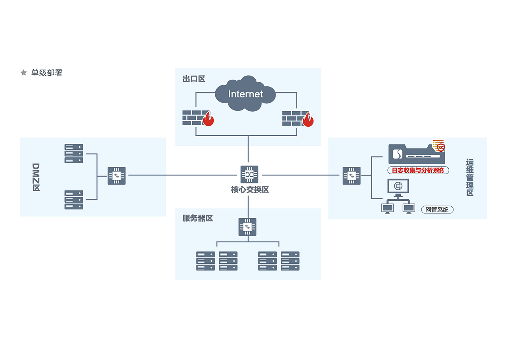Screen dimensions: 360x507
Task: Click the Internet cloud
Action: (x=245, y=94)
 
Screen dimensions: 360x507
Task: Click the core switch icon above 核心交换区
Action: (x=249, y=174)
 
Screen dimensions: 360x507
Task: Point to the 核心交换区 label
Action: (x=250, y=190)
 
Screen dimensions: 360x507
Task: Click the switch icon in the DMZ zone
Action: (x=117, y=175)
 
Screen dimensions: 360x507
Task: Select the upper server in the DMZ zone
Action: (x=74, y=154)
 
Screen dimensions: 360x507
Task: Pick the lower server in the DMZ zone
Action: (x=74, y=200)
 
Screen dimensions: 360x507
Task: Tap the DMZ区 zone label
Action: (x=36, y=177)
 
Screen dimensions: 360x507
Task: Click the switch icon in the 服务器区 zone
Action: (x=247, y=227)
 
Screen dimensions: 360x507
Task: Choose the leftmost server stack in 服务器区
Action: (x=205, y=261)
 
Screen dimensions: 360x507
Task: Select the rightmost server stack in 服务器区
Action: (x=290, y=261)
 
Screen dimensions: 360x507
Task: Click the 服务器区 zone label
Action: (x=197, y=218)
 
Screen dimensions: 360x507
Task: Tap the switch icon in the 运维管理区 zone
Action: (x=352, y=176)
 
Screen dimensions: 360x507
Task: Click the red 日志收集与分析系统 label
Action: (x=418, y=170)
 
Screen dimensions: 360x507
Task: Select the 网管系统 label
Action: (x=437, y=210)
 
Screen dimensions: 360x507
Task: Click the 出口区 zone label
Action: (x=194, y=79)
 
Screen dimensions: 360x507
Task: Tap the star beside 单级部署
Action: (x=24, y=73)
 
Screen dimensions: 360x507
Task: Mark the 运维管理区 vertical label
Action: (x=470, y=177)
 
